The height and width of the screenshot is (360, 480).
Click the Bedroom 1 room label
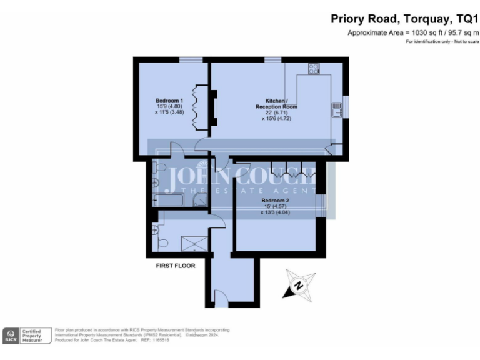(169, 101)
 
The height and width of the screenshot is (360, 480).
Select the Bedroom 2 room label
(275, 201)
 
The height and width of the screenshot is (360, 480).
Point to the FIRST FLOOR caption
(176, 266)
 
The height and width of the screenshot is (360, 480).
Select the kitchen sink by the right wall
(337, 110)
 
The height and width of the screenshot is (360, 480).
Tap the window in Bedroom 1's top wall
(191, 60)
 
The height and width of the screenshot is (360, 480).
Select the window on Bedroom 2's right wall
(322, 206)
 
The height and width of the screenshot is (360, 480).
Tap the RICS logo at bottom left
(11, 336)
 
